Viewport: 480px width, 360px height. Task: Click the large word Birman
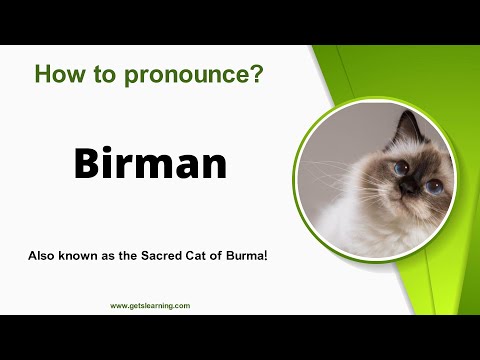150,162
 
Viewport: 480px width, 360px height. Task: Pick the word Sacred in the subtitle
172,256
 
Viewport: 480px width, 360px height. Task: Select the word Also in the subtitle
42,256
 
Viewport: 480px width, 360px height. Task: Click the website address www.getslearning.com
149,306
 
